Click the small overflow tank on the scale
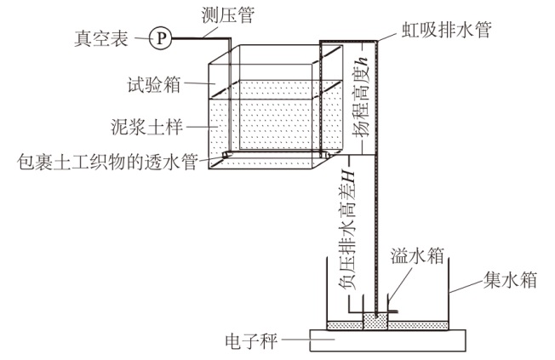(x=375, y=320)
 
